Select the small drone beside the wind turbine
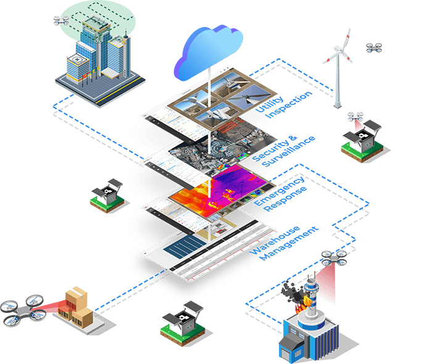pos(373,48)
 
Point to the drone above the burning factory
pos(333,259)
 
